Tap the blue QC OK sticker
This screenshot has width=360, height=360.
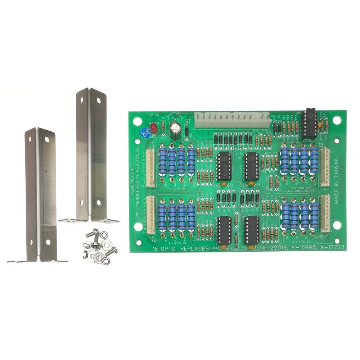click(145, 132)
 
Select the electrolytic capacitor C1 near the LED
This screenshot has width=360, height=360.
click(176, 130)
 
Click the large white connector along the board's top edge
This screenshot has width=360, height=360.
click(232, 120)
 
